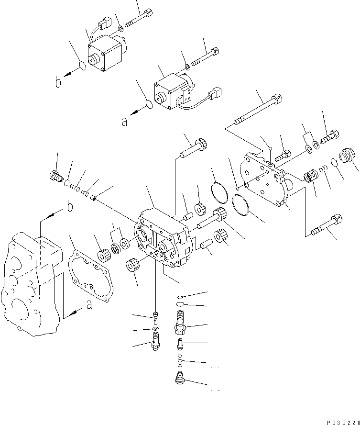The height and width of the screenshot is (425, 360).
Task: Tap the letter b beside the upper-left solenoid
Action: pos(58,83)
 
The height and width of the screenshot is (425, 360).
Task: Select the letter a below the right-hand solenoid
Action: pos(125,122)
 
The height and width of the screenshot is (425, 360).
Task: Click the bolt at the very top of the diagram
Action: pos(139,17)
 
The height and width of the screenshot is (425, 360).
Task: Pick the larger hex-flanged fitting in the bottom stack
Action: pos(180,325)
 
